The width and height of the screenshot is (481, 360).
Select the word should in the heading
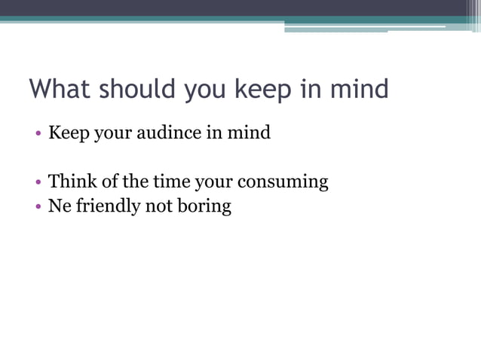pyautogui.click(x=141, y=90)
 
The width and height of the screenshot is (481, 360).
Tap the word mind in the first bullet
pyautogui.click(x=250, y=133)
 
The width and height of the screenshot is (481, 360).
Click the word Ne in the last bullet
pyautogui.click(x=59, y=206)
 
